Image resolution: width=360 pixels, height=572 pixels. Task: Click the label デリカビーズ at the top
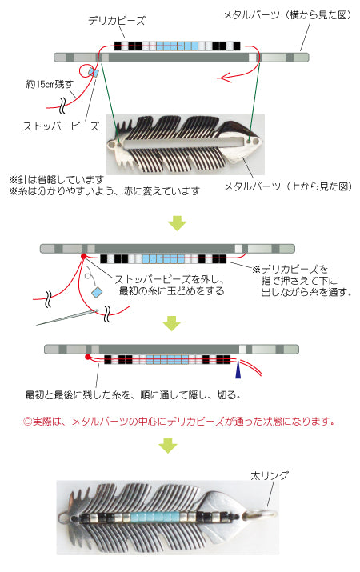[117, 21]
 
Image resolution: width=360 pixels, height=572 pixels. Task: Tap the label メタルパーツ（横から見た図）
[287, 15]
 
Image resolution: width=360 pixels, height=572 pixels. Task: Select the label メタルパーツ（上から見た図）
[288, 186]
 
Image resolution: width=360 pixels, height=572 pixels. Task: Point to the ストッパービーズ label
[61, 126]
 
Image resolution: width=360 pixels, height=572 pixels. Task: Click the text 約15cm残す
[50, 84]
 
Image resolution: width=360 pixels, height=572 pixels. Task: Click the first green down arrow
[177, 223]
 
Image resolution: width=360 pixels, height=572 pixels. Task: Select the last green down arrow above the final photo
[168, 446]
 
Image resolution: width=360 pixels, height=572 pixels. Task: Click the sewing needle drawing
[67, 318]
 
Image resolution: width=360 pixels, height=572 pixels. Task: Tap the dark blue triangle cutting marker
[238, 369]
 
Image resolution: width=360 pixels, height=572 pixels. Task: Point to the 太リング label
[269, 476]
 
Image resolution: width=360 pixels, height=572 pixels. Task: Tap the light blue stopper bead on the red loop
[94, 73]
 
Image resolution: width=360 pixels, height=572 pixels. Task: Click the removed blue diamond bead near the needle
[97, 293]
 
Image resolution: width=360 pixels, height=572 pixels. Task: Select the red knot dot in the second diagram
[83, 257]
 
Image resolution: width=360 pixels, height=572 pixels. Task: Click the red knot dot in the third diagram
[87, 357]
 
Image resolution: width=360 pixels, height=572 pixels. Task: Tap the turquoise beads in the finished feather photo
[155, 517]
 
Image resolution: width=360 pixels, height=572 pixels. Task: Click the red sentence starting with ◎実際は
[179, 422]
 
